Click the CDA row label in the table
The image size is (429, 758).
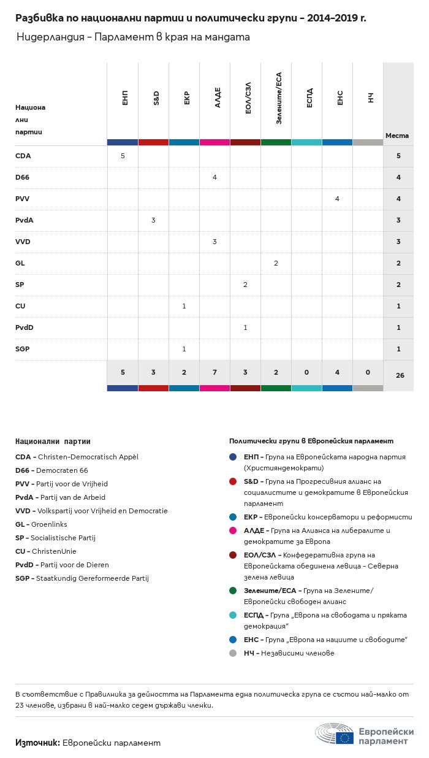(23, 156)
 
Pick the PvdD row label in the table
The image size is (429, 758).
(25, 327)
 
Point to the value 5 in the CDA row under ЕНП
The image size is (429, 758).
(123, 156)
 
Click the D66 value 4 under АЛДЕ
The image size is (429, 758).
(214, 177)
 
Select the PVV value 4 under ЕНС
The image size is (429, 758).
(337, 199)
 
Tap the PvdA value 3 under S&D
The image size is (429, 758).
(153, 220)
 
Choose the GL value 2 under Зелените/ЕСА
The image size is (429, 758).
(276, 263)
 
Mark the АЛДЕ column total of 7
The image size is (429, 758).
(214, 373)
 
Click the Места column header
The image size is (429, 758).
(397, 136)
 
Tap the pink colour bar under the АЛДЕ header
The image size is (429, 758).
(214, 142)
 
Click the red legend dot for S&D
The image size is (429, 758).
(233, 481)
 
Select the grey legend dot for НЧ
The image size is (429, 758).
(233, 653)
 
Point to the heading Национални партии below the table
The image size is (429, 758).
(53, 441)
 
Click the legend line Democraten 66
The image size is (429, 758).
(51, 470)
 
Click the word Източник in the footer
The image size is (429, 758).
(37, 743)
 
